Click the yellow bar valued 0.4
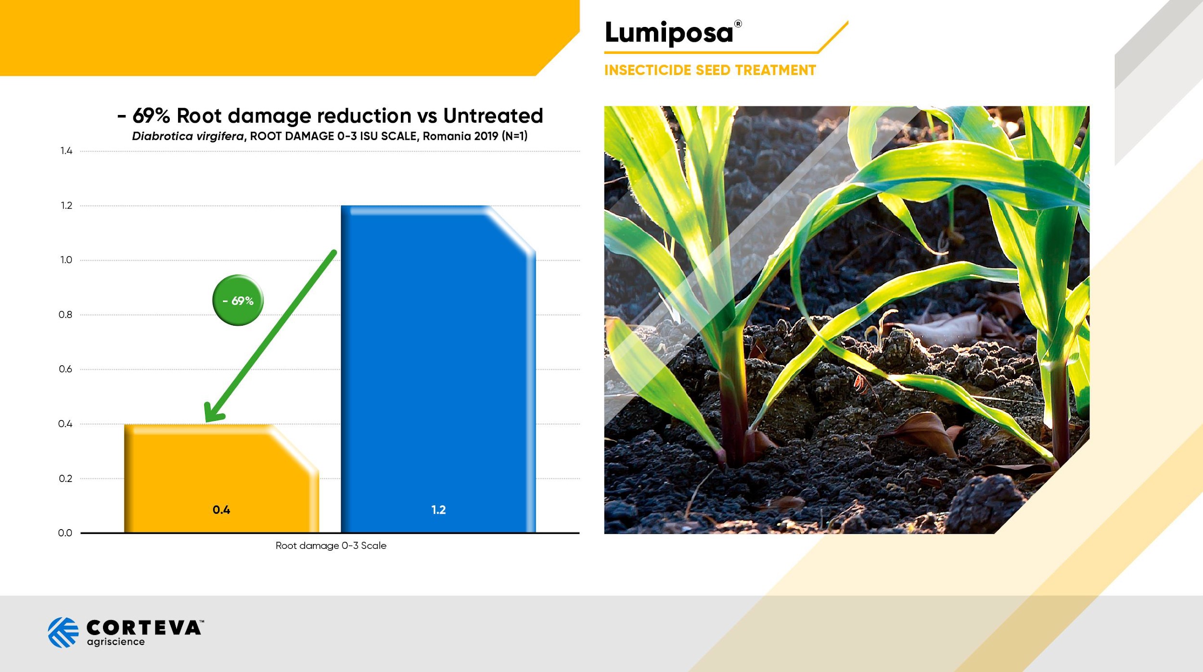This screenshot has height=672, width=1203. pyautogui.click(x=221, y=478)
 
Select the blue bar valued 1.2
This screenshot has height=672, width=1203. pyautogui.click(x=438, y=369)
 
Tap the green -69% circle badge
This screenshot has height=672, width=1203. pyautogui.click(x=238, y=300)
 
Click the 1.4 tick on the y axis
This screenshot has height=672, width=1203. pyautogui.click(x=66, y=151)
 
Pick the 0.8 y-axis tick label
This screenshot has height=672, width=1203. pyautogui.click(x=65, y=315)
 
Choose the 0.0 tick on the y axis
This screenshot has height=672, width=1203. pyautogui.click(x=65, y=533)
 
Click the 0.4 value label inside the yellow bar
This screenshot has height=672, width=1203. pyautogui.click(x=221, y=510)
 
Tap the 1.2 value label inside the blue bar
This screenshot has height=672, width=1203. pyautogui.click(x=438, y=510)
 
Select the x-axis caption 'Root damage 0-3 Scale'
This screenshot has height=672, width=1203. pyautogui.click(x=331, y=545)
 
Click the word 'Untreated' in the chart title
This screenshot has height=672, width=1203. pyautogui.click(x=493, y=115)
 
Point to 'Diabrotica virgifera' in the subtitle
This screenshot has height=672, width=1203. pyautogui.click(x=188, y=136)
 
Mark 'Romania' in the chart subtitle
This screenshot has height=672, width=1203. pyautogui.click(x=447, y=136)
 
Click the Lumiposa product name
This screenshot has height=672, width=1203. pyautogui.click(x=669, y=33)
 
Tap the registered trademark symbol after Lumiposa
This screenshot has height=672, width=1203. pyautogui.click(x=738, y=24)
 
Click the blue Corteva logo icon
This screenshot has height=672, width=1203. pyautogui.click(x=63, y=633)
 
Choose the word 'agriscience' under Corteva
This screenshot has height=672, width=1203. pyautogui.click(x=116, y=642)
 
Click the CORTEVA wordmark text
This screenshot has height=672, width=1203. pyautogui.click(x=144, y=628)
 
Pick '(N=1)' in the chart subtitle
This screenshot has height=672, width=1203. pyautogui.click(x=514, y=136)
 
